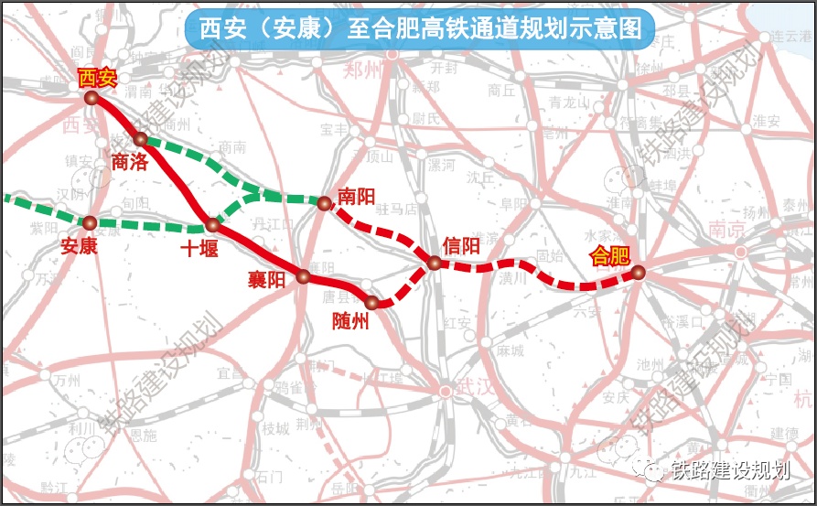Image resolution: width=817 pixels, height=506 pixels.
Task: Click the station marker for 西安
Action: point(91,97)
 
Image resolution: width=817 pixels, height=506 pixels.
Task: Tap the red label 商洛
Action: point(130,163)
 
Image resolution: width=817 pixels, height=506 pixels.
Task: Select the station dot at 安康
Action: point(90,222)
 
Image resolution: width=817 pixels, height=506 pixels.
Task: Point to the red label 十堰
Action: point(199,248)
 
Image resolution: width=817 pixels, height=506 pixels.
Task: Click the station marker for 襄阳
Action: point(304,275)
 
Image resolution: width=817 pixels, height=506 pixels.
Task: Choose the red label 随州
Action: point(350,321)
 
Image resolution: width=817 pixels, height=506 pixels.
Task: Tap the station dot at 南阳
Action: point(323,203)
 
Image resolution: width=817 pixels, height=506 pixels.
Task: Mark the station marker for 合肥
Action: point(638,272)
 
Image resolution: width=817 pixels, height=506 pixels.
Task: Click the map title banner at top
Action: point(420,29)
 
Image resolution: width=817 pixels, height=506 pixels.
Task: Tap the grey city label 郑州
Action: point(362,74)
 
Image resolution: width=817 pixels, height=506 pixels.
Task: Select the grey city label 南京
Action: point(725,230)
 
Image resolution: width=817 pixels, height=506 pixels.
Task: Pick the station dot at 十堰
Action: point(212,224)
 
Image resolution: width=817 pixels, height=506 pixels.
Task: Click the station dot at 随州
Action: point(371,302)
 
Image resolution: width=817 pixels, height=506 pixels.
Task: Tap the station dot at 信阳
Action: point(435,264)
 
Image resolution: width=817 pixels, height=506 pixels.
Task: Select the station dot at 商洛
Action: point(140,139)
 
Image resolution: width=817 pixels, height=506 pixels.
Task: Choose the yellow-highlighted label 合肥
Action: point(608,255)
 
